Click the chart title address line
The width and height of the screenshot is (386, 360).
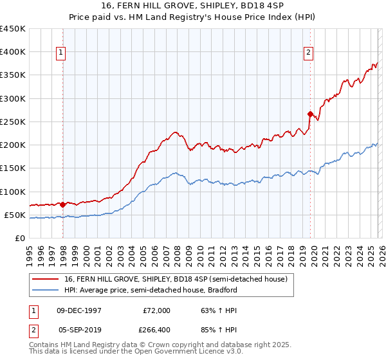pyautogui.click(x=193, y=6)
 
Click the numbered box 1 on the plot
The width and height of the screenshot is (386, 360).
pyautogui.click(x=61, y=53)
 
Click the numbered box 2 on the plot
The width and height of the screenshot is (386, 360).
pyautogui.click(x=308, y=53)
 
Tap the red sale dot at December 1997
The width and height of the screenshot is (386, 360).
pyautogui.click(x=62, y=204)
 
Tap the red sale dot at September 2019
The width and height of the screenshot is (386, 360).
pyautogui.click(x=310, y=114)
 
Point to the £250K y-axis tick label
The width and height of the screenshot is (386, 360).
pyautogui.click(x=13, y=122)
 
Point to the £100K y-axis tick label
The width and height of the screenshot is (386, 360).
pyautogui.click(x=13, y=192)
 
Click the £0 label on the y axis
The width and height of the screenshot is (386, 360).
pyautogui.click(x=20, y=238)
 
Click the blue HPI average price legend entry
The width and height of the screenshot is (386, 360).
pyautogui.click(x=151, y=290)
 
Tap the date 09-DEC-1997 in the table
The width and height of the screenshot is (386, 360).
pyautogui.click(x=80, y=310)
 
